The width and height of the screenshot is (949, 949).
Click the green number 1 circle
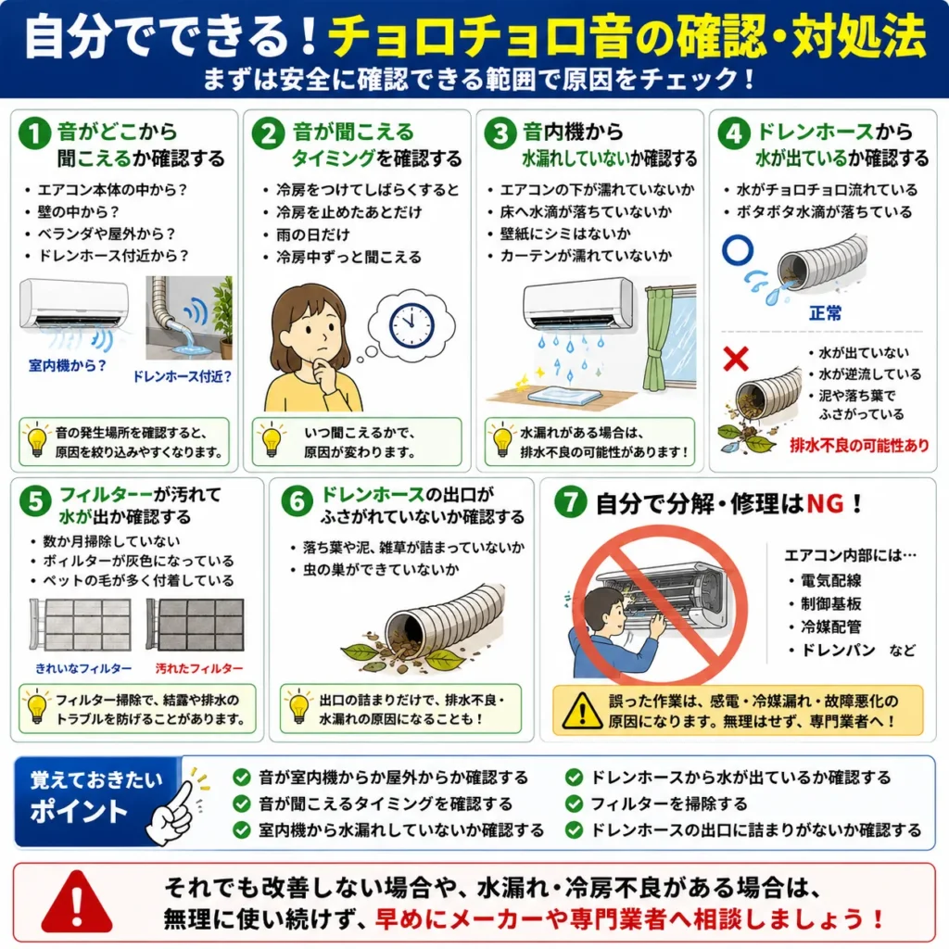34,133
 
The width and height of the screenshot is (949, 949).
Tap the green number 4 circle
734,133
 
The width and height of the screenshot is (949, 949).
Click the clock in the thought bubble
411,325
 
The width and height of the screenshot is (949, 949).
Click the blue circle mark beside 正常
738,250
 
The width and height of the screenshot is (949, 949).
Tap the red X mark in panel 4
736,359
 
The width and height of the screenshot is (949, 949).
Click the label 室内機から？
67,365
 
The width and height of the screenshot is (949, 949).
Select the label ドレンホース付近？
183,376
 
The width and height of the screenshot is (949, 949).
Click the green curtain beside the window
657,339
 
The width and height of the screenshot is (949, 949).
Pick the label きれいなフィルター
83,668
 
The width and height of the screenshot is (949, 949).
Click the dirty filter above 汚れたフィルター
195,624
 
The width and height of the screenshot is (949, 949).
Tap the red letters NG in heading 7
825,503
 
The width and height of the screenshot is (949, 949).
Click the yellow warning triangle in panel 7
582,711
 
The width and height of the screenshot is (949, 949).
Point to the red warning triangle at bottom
77,903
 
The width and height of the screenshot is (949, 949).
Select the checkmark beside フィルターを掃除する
574,803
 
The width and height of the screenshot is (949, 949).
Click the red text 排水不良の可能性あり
859,446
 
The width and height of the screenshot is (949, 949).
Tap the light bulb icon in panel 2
272,439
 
